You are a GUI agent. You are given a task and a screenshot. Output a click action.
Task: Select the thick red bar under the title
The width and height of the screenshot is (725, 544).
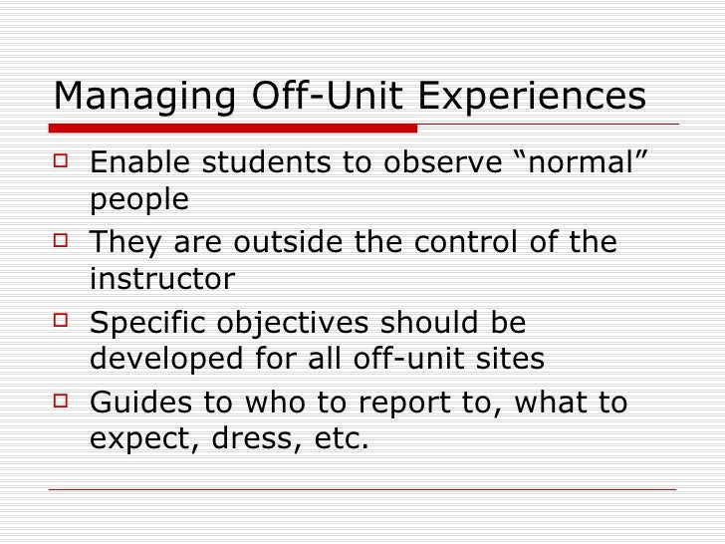(234, 128)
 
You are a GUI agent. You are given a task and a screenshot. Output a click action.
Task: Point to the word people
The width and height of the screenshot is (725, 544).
(139, 200)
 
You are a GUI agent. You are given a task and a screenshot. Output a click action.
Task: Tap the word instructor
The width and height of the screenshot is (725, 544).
(162, 279)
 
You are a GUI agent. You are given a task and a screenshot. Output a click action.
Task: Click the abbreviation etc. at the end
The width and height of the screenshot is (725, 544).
(337, 439)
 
